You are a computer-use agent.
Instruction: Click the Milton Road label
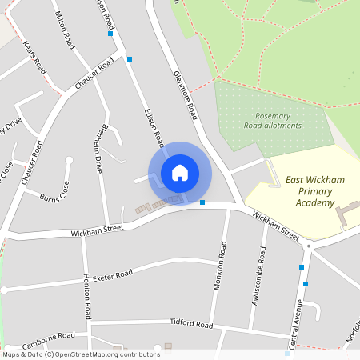click(x=65, y=29)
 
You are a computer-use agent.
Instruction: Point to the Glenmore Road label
click(x=185, y=94)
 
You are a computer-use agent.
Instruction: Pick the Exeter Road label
click(x=111, y=276)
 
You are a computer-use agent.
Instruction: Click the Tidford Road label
click(x=191, y=324)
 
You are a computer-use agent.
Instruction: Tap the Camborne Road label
click(x=48, y=337)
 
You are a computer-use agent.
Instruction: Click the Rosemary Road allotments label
click(x=273, y=121)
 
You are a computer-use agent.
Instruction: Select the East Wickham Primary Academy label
click(x=314, y=192)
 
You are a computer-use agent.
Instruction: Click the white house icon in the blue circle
click(x=180, y=173)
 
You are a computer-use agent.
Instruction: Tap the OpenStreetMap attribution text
click(x=81, y=354)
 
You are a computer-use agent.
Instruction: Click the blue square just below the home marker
click(x=202, y=202)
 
